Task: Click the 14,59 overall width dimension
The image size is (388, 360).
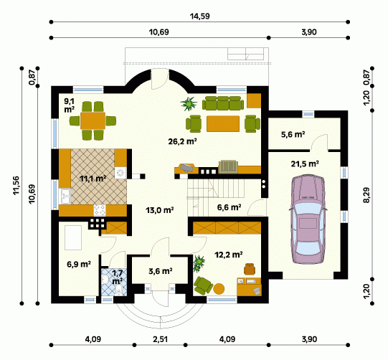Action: pyautogui.click(x=199, y=16)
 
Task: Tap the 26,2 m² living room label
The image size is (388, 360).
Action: pyautogui.click(x=182, y=141)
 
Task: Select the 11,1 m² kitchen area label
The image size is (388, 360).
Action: pyautogui.click(x=93, y=178)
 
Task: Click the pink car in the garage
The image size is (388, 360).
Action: pyautogui.click(x=308, y=219)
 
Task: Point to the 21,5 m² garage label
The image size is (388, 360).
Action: pyautogui.click(x=305, y=164)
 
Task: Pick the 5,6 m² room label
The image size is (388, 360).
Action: pyautogui.click(x=293, y=135)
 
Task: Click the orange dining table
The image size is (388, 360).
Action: pyautogui.click(x=93, y=120)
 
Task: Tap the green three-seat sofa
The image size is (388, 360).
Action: pyautogui.click(x=223, y=103)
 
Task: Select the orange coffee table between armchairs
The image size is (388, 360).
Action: pyautogui.click(x=223, y=124)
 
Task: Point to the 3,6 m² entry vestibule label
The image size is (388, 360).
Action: pyautogui.click(x=161, y=271)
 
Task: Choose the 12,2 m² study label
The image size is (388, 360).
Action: pyautogui.click(x=228, y=255)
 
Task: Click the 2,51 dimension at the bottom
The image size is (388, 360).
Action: pyautogui.click(x=161, y=339)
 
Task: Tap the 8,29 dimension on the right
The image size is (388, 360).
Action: pyautogui.click(x=366, y=195)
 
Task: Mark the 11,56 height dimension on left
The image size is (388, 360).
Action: pyautogui.click(x=16, y=185)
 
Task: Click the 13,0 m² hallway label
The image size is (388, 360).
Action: pyautogui.click(x=160, y=210)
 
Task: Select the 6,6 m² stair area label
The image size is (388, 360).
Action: pyautogui.click(x=229, y=207)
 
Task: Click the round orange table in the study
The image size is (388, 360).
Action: pyautogui.click(x=219, y=289)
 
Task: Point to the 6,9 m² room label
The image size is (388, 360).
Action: pyautogui.click(x=79, y=264)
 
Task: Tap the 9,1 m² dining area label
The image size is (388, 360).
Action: pyautogui.click(x=70, y=105)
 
